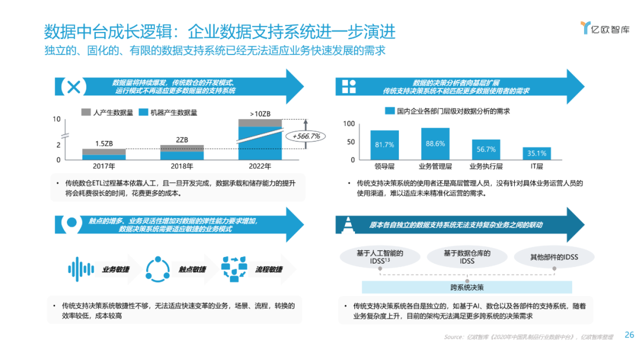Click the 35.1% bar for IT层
pos(537,153)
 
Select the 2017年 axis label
pos(104,166)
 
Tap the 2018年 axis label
pos(182,166)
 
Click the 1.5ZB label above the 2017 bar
pos(104,143)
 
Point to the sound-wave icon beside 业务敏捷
pos(81,269)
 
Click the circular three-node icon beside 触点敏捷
pos(157,269)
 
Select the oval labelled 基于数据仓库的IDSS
pos(467,257)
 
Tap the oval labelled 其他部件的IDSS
pos(546,257)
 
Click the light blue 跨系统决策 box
pos(467,287)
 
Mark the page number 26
pos(629,335)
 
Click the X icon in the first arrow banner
pos(73,86)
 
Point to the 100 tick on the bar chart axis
pos(349,124)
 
